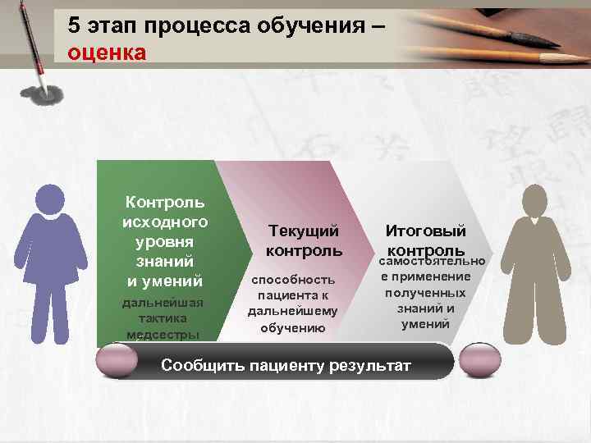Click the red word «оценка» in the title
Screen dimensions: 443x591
point(108,53)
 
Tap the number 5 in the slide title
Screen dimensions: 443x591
point(75,26)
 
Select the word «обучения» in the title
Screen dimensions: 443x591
point(309,26)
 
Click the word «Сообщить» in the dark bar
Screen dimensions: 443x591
point(202,365)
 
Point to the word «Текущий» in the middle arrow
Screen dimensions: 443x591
point(303,232)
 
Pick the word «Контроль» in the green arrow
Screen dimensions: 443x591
point(164,203)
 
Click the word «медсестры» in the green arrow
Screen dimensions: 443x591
point(163,335)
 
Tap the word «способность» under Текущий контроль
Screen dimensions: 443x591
point(292,280)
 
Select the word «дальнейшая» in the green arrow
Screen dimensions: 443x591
point(163,303)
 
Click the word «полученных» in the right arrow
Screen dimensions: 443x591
point(425,293)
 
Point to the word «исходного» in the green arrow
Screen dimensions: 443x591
point(164,222)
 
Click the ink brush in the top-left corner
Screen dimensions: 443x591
point(32,41)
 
